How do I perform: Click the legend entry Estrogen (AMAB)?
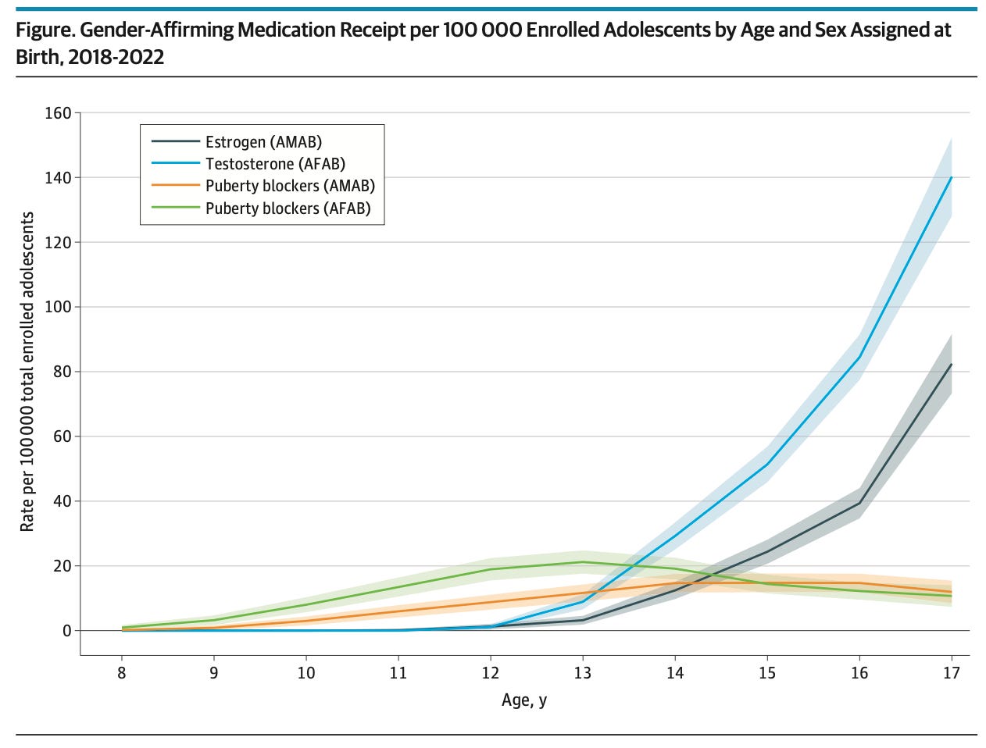(x=263, y=142)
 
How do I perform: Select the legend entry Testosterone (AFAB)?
(x=275, y=164)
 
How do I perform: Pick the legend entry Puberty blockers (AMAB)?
(x=290, y=186)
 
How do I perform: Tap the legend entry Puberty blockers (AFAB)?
(x=288, y=208)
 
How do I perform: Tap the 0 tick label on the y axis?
(x=67, y=631)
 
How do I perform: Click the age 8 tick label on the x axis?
(x=122, y=673)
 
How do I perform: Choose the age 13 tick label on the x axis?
(x=582, y=673)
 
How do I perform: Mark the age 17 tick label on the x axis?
(x=951, y=673)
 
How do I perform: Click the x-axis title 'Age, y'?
(x=524, y=700)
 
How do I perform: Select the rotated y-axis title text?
(x=27, y=372)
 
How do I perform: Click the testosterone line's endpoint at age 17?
(x=951, y=177)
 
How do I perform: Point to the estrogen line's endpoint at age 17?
(x=951, y=365)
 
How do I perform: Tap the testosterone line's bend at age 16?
(x=859, y=358)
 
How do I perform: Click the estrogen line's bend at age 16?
(x=859, y=503)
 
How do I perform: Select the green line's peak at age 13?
(x=582, y=562)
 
